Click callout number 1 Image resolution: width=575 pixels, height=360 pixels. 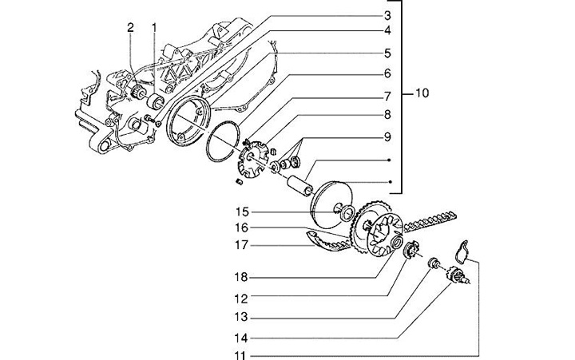tap(154, 29)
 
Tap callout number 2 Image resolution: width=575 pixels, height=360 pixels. tap(130, 29)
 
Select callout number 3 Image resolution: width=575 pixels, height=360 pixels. tap(387, 15)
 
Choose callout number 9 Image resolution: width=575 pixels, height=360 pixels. tap(387, 136)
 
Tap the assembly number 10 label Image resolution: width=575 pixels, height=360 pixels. tap(422, 94)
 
